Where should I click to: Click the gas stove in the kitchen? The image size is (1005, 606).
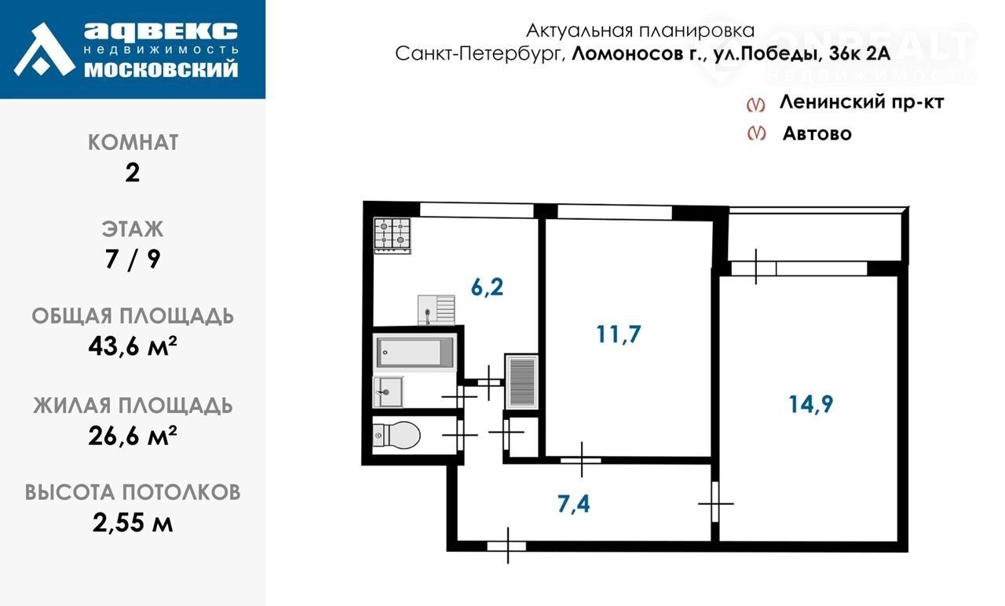pyautogui.click(x=393, y=235)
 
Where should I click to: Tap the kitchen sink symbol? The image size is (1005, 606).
pyautogui.click(x=437, y=309)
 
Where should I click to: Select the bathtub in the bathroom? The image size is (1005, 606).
pyautogui.click(x=415, y=352)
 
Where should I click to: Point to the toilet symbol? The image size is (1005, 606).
pyautogui.click(x=397, y=435)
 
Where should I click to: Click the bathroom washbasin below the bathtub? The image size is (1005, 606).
pyautogui.click(x=388, y=392)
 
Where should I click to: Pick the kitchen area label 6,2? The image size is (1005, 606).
pyautogui.click(x=488, y=287)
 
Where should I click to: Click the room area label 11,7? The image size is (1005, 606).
pyautogui.click(x=619, y=334)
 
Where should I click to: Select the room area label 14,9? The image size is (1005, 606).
pyautogui.click(x=811, y=404)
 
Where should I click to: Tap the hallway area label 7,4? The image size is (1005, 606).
pyautogui.click(x=574, y=504)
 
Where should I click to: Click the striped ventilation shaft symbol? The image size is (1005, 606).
pyautogui.click(x=522, y=381)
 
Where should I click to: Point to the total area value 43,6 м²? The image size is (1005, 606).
pyautogui.click(x=133, y=346)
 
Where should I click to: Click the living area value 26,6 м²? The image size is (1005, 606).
pyautogui.click(x=133, y=436)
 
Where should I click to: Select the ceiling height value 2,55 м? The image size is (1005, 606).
pyautogui.click(x=133, y=523)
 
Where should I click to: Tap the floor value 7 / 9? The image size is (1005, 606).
pyautogui.click(x=133, y=259)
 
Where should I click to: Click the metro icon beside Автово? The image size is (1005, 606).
pyautogui.click(x=756, y=133)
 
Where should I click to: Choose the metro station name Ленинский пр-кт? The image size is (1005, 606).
pyautogui.click(x=862, y=102)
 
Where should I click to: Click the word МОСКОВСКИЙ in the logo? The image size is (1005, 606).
pyautogui.click(x=161, y=70)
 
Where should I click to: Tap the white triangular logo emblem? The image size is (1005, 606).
pyautogui.click(x=44, y=49)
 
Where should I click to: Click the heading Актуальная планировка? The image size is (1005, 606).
pyautogui.click(x=640, y=31)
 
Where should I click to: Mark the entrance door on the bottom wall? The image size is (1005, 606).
pyautogui.click(x=506, y=546)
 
